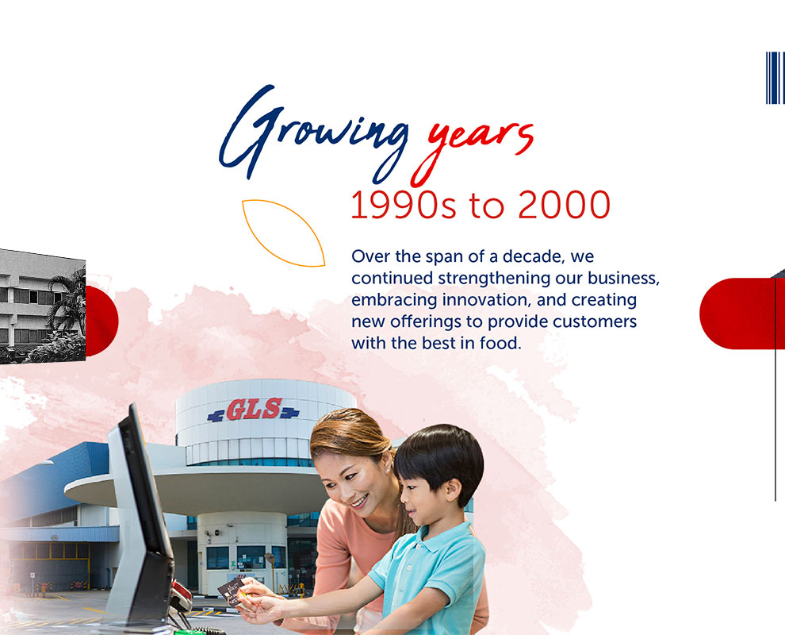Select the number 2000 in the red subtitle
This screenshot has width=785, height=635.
(x=564, y=205)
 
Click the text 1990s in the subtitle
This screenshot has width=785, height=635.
(x=403, y=205)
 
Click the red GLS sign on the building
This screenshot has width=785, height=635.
(x=254, y=410)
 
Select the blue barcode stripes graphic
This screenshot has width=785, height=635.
(x=775, y=78)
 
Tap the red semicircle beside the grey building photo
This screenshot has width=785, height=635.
(x=102, y=321)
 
